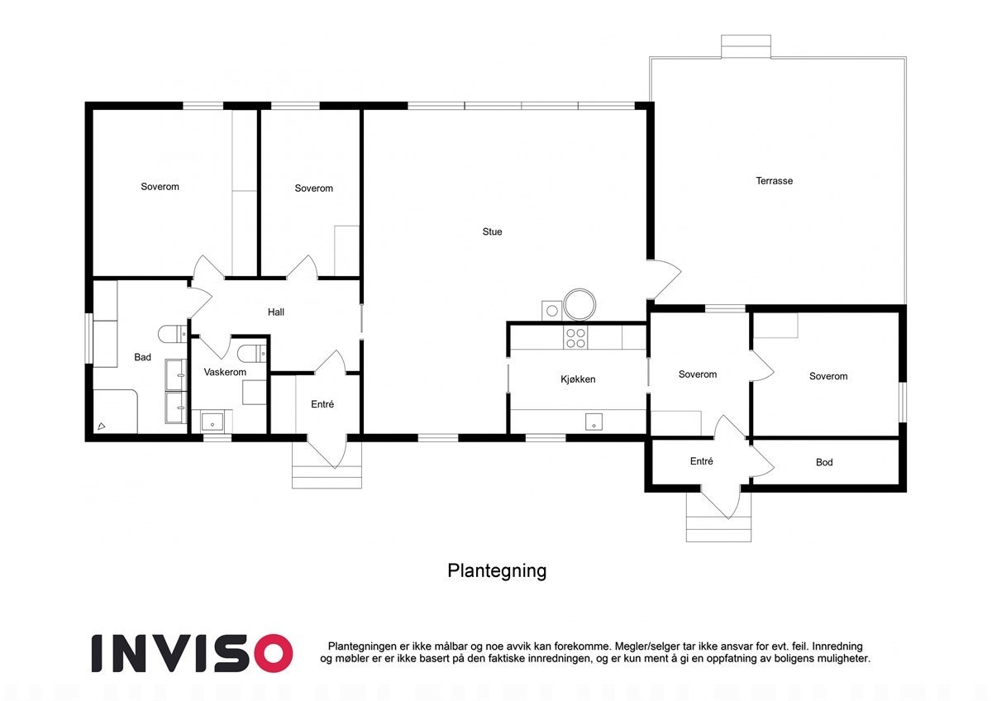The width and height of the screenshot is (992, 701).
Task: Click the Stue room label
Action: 492,232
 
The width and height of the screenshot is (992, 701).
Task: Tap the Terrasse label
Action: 774,181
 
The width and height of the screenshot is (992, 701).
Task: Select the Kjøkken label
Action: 578,379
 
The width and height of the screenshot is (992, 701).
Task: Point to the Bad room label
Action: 143,358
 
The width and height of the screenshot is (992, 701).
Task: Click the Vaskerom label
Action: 225,373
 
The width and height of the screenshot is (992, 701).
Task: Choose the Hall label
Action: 276,312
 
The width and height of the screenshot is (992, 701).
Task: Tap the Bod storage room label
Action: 824,463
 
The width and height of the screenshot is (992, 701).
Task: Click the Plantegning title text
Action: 497,570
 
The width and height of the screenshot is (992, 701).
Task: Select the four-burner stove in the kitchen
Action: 575,337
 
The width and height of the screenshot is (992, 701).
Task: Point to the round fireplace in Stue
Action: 579,303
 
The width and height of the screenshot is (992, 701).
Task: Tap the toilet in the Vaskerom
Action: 250,354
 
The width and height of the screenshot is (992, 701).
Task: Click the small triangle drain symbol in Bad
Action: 101,426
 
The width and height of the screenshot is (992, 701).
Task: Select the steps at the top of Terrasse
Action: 746,46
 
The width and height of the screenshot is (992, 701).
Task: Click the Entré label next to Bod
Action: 701,462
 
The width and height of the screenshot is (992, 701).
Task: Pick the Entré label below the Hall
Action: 322,404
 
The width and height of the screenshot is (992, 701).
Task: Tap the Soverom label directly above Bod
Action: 827,377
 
